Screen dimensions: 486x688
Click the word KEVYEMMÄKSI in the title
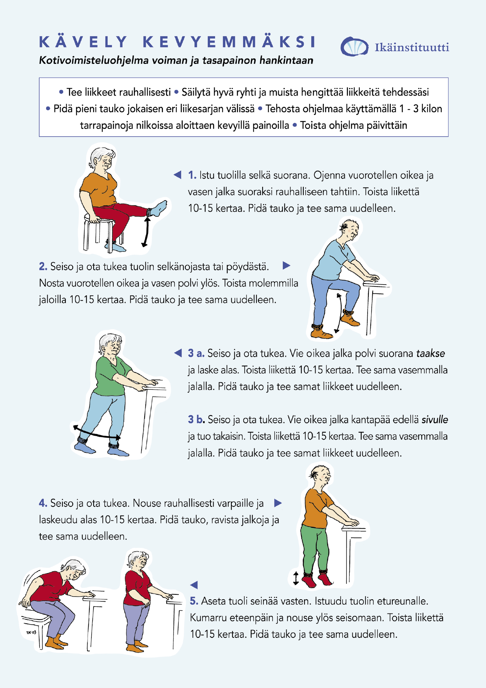[x=229, y=42]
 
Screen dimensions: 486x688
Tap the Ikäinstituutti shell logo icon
[x=354, y=47]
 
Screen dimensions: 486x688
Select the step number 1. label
[x=192, y=175]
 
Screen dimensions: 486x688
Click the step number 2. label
[x=43, y=266]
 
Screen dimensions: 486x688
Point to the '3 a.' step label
[x=196, y=353]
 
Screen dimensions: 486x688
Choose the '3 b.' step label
[x=196, y=419]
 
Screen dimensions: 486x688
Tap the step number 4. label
[x=43, y=503]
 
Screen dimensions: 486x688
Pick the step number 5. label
[x=194, y=601]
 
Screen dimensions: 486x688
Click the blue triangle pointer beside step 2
[x=287, y=266]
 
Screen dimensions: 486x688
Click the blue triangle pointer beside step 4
[x=278, y=503]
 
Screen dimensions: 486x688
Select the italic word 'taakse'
[x=430, y=354]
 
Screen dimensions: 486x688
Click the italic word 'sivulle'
[x=435, y=419]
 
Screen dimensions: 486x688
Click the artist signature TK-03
[x=31, y=632]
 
